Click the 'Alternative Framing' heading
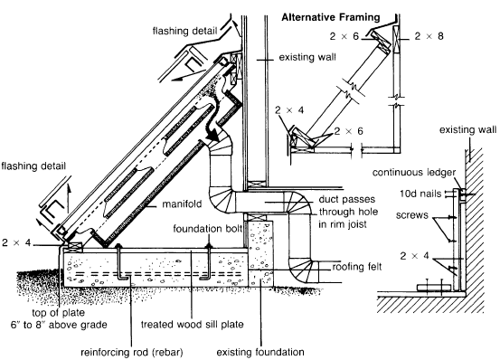[331, 17]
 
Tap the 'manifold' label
[182, 204]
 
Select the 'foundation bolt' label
[208, 229]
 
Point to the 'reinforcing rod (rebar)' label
[132, 353]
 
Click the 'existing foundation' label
[260, 352]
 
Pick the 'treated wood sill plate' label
[193, 325]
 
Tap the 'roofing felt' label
[357, 266]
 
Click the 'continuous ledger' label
[414, 173]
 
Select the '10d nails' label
[420, 194]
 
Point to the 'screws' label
[412, 215]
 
